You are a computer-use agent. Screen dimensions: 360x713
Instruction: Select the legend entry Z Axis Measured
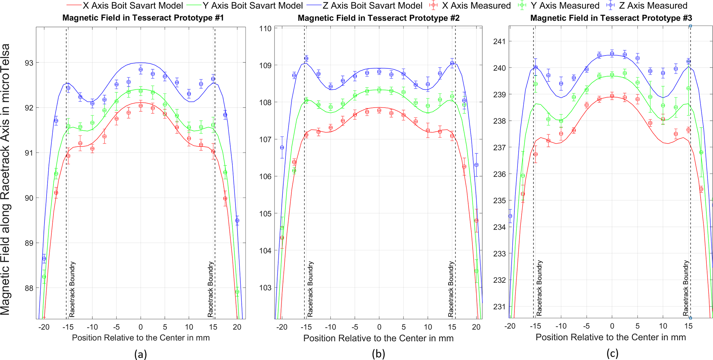[648, 6]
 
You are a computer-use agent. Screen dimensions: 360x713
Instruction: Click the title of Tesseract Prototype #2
[378, 18]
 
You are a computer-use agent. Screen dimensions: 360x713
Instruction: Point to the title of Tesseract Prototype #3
[611, 18]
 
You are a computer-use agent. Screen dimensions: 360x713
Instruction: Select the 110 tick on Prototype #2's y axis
[265, 28]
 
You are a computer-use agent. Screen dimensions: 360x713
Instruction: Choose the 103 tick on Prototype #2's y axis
[265, 288]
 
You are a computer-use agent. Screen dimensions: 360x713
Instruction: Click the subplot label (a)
[141, 354]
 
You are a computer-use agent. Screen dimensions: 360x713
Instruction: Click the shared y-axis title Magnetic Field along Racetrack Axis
[6, 179]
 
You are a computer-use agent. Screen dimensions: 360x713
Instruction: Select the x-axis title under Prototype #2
[378, 338]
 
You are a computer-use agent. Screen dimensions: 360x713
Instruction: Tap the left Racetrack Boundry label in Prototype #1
[72, 290]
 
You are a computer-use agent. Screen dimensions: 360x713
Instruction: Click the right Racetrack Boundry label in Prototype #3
[685, 288]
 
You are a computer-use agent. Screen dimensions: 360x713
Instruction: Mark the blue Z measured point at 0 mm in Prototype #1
[141, 70]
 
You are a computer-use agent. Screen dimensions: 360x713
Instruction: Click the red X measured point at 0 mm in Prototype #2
[379, 110]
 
